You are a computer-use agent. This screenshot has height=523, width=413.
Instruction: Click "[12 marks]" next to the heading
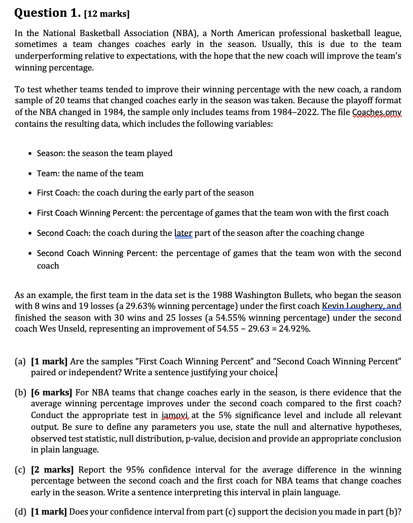pyautogui.click(x=107, y=14)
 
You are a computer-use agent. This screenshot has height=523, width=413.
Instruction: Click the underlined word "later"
pyautogui.click(x=183, y=233)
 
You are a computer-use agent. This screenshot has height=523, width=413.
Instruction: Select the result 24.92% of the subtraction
pyautogui.click(x=295, y=329)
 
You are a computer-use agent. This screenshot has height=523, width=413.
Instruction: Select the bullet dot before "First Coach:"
pyautogui.click(x=30, y=193)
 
